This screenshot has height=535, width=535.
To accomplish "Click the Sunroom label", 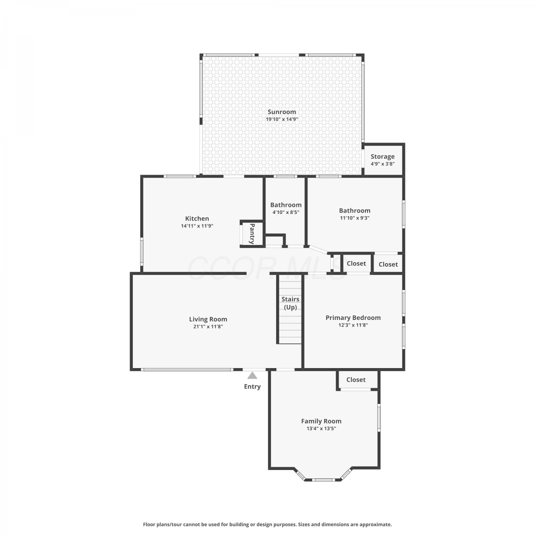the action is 282,112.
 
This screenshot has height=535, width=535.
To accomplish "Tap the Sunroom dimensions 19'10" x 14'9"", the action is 282,119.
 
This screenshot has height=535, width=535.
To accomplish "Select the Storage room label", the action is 382,157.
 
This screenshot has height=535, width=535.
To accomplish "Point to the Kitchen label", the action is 197,219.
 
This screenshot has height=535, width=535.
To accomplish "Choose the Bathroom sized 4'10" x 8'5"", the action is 286,205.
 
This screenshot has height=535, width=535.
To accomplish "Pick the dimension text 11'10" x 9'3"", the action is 355,218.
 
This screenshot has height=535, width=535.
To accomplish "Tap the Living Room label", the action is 208,320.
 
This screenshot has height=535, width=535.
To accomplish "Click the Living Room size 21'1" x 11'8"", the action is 208,327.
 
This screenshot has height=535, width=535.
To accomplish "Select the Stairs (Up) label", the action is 290,303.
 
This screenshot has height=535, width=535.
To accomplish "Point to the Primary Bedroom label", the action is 353,318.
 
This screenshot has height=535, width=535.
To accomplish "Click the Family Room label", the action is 321,422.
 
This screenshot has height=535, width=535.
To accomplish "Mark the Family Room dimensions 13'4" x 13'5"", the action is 321,429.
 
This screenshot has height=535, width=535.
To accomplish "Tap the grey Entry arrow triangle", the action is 253,375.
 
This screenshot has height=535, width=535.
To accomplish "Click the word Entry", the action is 252,387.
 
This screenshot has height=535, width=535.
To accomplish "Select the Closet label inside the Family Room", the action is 356,380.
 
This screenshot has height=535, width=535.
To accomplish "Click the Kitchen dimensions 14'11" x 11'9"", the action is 197,226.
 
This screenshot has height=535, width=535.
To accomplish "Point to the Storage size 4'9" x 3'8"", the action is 382,164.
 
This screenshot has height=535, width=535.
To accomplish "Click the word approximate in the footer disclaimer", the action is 375,525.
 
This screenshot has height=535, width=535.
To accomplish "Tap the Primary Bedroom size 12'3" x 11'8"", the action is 353,325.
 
